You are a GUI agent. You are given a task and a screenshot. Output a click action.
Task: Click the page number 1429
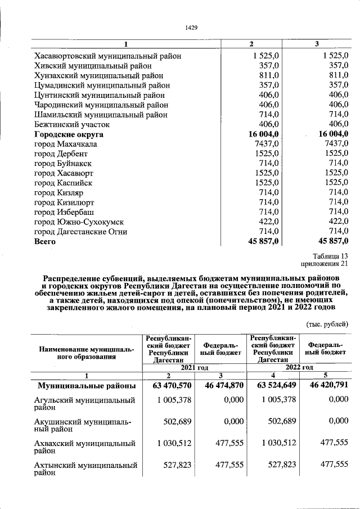click(192, 27)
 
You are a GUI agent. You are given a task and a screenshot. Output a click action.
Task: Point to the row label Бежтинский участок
click(72, 124)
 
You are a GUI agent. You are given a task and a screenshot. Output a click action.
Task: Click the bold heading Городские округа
click(69, 134)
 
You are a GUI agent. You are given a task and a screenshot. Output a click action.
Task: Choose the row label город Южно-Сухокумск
click(79, 222)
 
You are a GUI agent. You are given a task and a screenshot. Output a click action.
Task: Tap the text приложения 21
click(326, 264)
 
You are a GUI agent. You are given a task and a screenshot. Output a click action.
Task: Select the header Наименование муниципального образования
click(87, 353)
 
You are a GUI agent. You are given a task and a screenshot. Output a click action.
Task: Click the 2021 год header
click(195, 367)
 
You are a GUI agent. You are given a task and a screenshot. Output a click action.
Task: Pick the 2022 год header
click(298, 367)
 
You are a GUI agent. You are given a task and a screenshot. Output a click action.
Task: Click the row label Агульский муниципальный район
click(87, 404)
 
